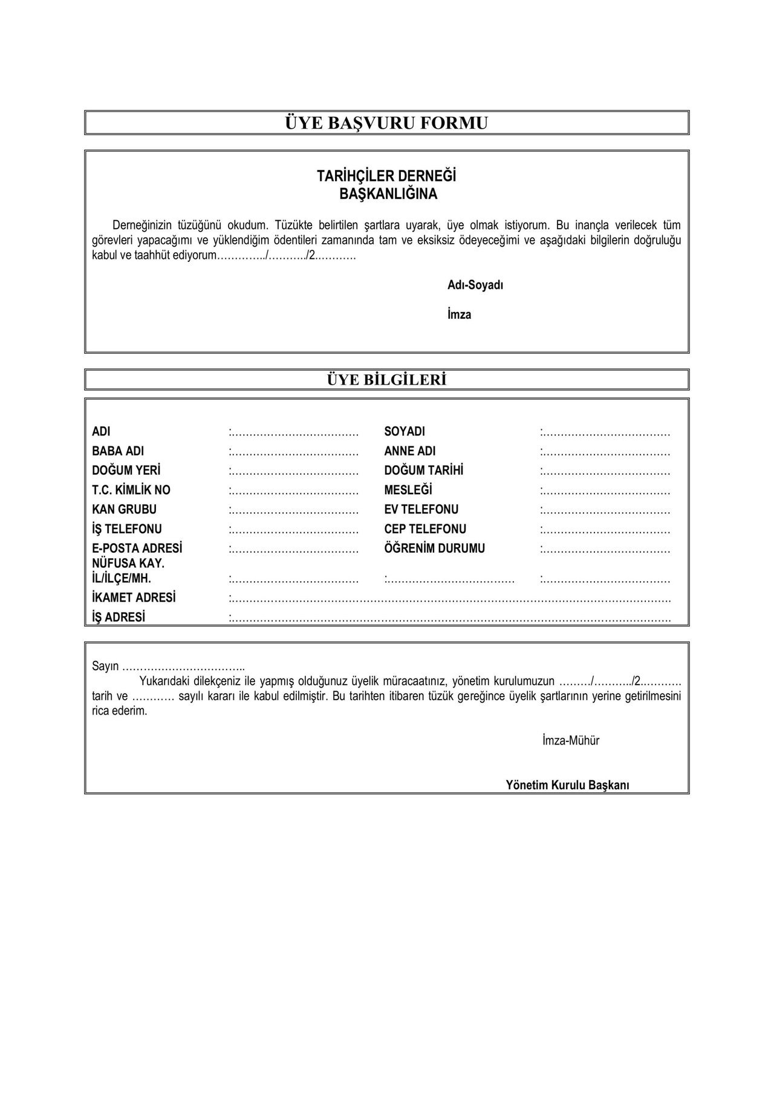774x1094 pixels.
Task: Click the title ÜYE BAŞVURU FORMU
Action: coord(386,123)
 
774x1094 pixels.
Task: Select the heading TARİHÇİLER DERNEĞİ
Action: coord(386,176)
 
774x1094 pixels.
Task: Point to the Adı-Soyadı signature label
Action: coord(475,285)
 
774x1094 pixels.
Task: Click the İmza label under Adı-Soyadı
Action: coord(460,314)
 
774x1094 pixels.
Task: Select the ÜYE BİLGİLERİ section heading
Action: coord(386,380)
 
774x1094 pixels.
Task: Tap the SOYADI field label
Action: coord(405,432)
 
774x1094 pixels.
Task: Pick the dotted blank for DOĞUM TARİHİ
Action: coord(606,472)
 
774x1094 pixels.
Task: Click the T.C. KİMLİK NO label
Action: coord(131,490)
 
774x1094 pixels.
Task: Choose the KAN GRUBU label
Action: coord(124,509)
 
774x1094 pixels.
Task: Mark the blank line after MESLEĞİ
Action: coord(606,491)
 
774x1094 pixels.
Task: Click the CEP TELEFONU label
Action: coord(425,529)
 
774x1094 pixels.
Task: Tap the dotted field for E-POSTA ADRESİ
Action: coord(295,550)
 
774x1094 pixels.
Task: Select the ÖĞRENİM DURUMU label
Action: coord(434,549)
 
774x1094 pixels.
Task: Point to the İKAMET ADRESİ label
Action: coord(134,597)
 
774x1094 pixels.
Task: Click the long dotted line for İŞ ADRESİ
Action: coord(450,618)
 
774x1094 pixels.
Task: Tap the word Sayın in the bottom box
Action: coord(105,666)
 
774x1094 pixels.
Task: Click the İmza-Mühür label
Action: coord(571,740)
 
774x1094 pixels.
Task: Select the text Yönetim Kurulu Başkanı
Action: coord(568,785)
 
